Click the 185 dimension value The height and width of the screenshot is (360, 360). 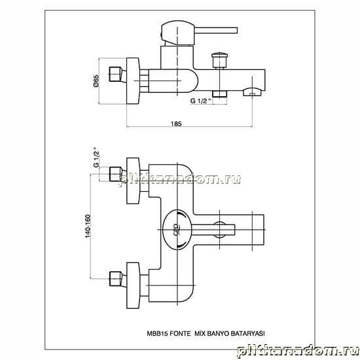pos(176,124)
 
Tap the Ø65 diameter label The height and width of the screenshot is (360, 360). pos(96,81)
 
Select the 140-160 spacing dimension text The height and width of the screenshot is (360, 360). pos(88,226)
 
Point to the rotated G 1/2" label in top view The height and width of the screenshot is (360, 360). pos(96,157)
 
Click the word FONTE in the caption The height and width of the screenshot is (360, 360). pos(180,333)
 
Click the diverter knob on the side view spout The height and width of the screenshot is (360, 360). pos(220,60)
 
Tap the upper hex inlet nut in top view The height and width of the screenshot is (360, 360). pos(115,174)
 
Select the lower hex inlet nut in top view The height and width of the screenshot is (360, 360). pos(115,279)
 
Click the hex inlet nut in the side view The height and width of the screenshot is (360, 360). pos(115,74)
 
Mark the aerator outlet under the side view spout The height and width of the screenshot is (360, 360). pos(252,92)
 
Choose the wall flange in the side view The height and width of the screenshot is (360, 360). pos(133,81)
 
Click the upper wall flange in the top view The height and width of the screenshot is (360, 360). pos(133,181)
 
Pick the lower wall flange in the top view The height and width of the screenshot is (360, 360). pos(133,285)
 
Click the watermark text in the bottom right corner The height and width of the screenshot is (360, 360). pos(298,351)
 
